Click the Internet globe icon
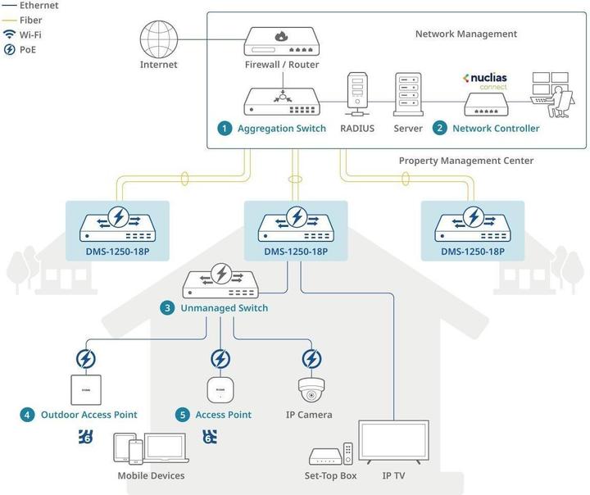[x=159, y=38]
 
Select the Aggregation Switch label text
[x=281, y=129]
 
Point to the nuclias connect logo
[x=486, y=80]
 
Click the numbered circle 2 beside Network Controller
[x=439, y=129]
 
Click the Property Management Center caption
[x=465, y=161]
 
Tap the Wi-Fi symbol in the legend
[x=9, y=34]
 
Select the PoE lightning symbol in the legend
[x=9, y=50]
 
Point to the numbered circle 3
[x=167, y=308]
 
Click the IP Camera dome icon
[x=311, y=389]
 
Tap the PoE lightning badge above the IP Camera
[x=311, y=358]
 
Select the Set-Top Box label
[x=331, y=475]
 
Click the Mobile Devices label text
[x=151, y=475]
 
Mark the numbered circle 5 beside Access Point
[x=183, y=415]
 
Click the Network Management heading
[x=465, y=34]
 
